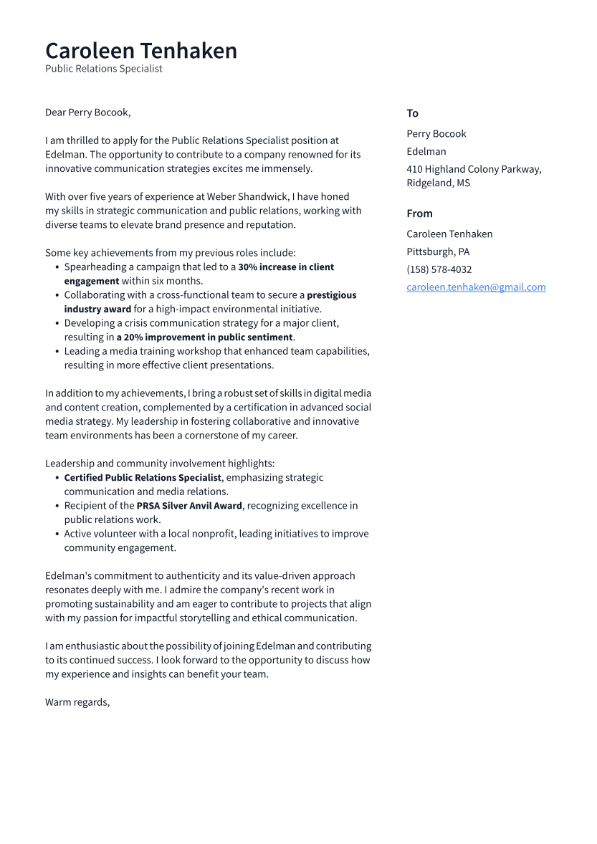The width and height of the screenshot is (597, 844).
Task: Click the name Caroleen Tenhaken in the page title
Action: (x=140, y=51)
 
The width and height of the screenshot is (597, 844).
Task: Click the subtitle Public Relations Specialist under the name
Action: (x=103, y=69)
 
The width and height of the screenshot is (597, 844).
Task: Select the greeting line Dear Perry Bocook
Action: (x=87, y=112)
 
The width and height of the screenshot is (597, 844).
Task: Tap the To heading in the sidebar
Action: (x=412, y=113)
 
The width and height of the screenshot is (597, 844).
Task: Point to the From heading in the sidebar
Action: (x=419, y=214)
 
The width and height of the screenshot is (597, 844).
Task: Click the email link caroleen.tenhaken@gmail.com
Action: (x=476, y=287)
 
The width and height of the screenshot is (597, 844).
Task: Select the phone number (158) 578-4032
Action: (x=439, y=269)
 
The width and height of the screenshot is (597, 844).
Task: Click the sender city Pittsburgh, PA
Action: (x=438, y=251)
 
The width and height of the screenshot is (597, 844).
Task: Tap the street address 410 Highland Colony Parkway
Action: (x=473, y=169)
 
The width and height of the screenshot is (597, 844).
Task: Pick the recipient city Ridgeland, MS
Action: (x=438, y=183)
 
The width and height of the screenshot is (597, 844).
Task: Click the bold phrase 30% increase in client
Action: (x=286, y=267)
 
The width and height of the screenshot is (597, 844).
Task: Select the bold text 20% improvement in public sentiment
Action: (x=205, y=337)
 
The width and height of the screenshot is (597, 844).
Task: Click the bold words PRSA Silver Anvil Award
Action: (x=190, y=506)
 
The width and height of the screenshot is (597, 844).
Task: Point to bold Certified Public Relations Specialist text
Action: (x=143, y=478)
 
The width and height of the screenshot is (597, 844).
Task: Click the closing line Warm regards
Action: (x=77, y=702)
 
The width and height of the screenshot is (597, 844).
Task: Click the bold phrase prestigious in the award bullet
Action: (x=331, y=295)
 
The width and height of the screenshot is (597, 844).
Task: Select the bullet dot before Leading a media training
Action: (x=57, y=352)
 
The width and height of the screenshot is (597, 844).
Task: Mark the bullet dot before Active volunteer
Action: (x=57, y=534)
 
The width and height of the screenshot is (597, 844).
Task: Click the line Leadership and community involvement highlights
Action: (x=160, y=464)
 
